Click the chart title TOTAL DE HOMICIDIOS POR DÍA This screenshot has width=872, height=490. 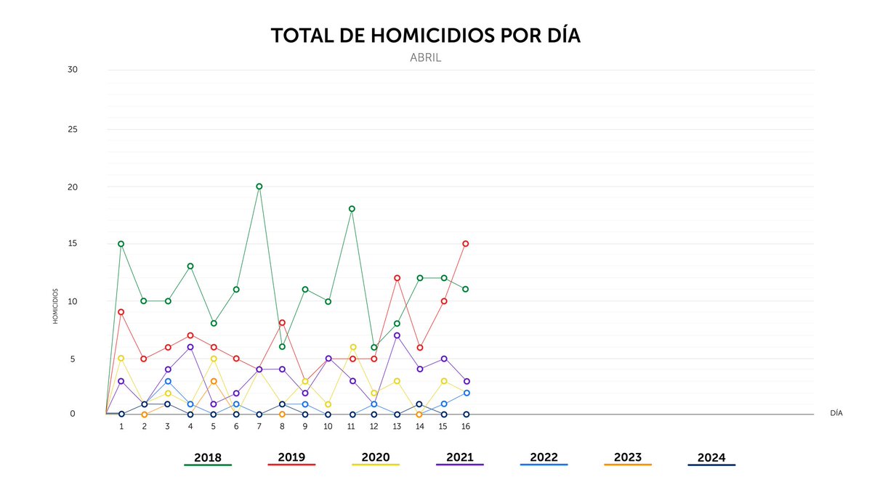(425, 36)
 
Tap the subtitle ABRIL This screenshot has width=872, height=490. (425, 58)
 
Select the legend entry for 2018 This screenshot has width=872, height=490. (208, 458)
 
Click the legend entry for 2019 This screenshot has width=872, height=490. (291, 458)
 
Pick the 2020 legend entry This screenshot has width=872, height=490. (376, 458)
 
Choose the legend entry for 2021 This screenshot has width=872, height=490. (459, 457)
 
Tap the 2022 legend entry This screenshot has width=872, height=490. (544, 457)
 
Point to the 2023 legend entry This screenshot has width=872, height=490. (628, 457)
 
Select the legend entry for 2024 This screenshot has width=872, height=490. (711, 458)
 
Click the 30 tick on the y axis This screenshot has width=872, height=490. (73, 70)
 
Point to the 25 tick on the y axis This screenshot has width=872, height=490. (73, 130)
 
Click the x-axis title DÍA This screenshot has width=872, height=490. (836, 413)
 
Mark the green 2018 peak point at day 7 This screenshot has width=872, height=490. (259, 187)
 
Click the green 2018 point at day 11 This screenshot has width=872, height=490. (352, 209)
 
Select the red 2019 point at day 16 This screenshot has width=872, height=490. (466, 244)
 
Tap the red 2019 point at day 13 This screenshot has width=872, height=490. (397, 278)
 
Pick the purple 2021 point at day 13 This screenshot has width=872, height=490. (397, 335)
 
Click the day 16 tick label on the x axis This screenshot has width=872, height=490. (466, 426)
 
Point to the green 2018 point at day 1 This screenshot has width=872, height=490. (121, 244)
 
